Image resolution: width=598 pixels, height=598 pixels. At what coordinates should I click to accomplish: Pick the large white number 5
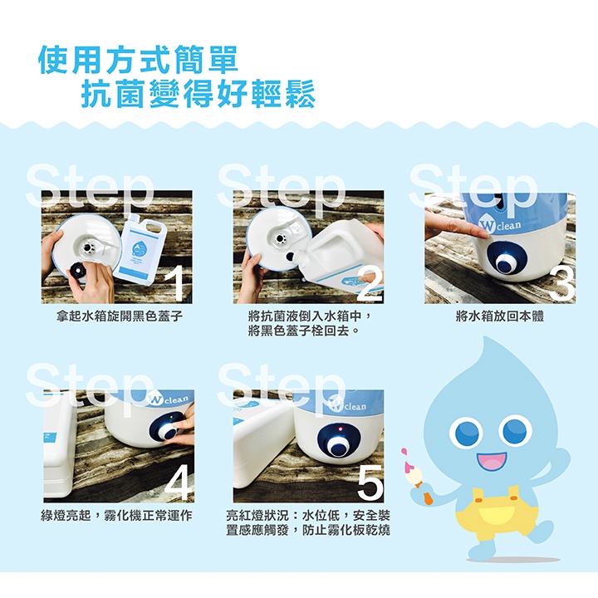370,482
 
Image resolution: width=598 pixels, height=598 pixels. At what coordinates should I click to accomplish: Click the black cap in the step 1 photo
78,271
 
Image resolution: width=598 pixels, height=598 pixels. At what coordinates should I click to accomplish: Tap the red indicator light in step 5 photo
341,429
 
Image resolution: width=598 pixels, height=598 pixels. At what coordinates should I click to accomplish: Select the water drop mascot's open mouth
493,462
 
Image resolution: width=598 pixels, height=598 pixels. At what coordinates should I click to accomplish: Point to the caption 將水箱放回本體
500,316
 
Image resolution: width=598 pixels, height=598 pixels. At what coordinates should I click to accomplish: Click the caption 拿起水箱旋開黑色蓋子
119,316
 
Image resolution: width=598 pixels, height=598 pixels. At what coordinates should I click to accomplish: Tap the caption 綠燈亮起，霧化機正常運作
116,516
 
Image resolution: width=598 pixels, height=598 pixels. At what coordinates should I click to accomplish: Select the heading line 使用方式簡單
138,60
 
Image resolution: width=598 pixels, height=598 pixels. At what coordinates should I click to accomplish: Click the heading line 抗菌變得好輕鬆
198,93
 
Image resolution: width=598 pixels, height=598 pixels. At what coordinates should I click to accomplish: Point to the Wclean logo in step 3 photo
500,226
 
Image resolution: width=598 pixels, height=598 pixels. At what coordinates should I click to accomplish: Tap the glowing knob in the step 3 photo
506,262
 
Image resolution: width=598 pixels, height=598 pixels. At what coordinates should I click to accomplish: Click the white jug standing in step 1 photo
140,245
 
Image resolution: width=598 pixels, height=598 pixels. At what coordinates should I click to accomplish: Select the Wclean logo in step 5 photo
346,406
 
